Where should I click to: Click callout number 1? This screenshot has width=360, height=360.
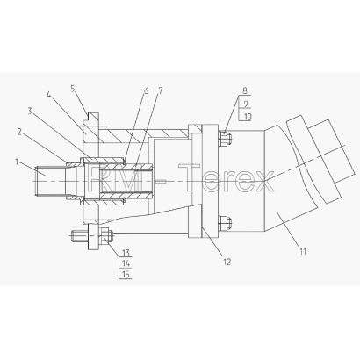click(17, 162)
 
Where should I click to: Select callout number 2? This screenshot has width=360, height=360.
click(19, 132)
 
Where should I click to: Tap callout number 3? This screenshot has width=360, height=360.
click(30, 111)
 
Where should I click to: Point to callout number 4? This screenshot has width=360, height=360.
click(49, 95)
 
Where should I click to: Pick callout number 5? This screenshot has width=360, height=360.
click(74, 88)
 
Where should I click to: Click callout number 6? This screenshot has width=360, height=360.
click(146, 90)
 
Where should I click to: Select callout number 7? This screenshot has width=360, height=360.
click(160, 90)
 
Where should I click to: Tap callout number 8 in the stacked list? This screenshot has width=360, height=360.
click(245, 90)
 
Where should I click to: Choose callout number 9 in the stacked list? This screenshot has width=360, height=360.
click(246, 104)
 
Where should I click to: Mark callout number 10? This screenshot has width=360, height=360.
click(248, 117)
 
